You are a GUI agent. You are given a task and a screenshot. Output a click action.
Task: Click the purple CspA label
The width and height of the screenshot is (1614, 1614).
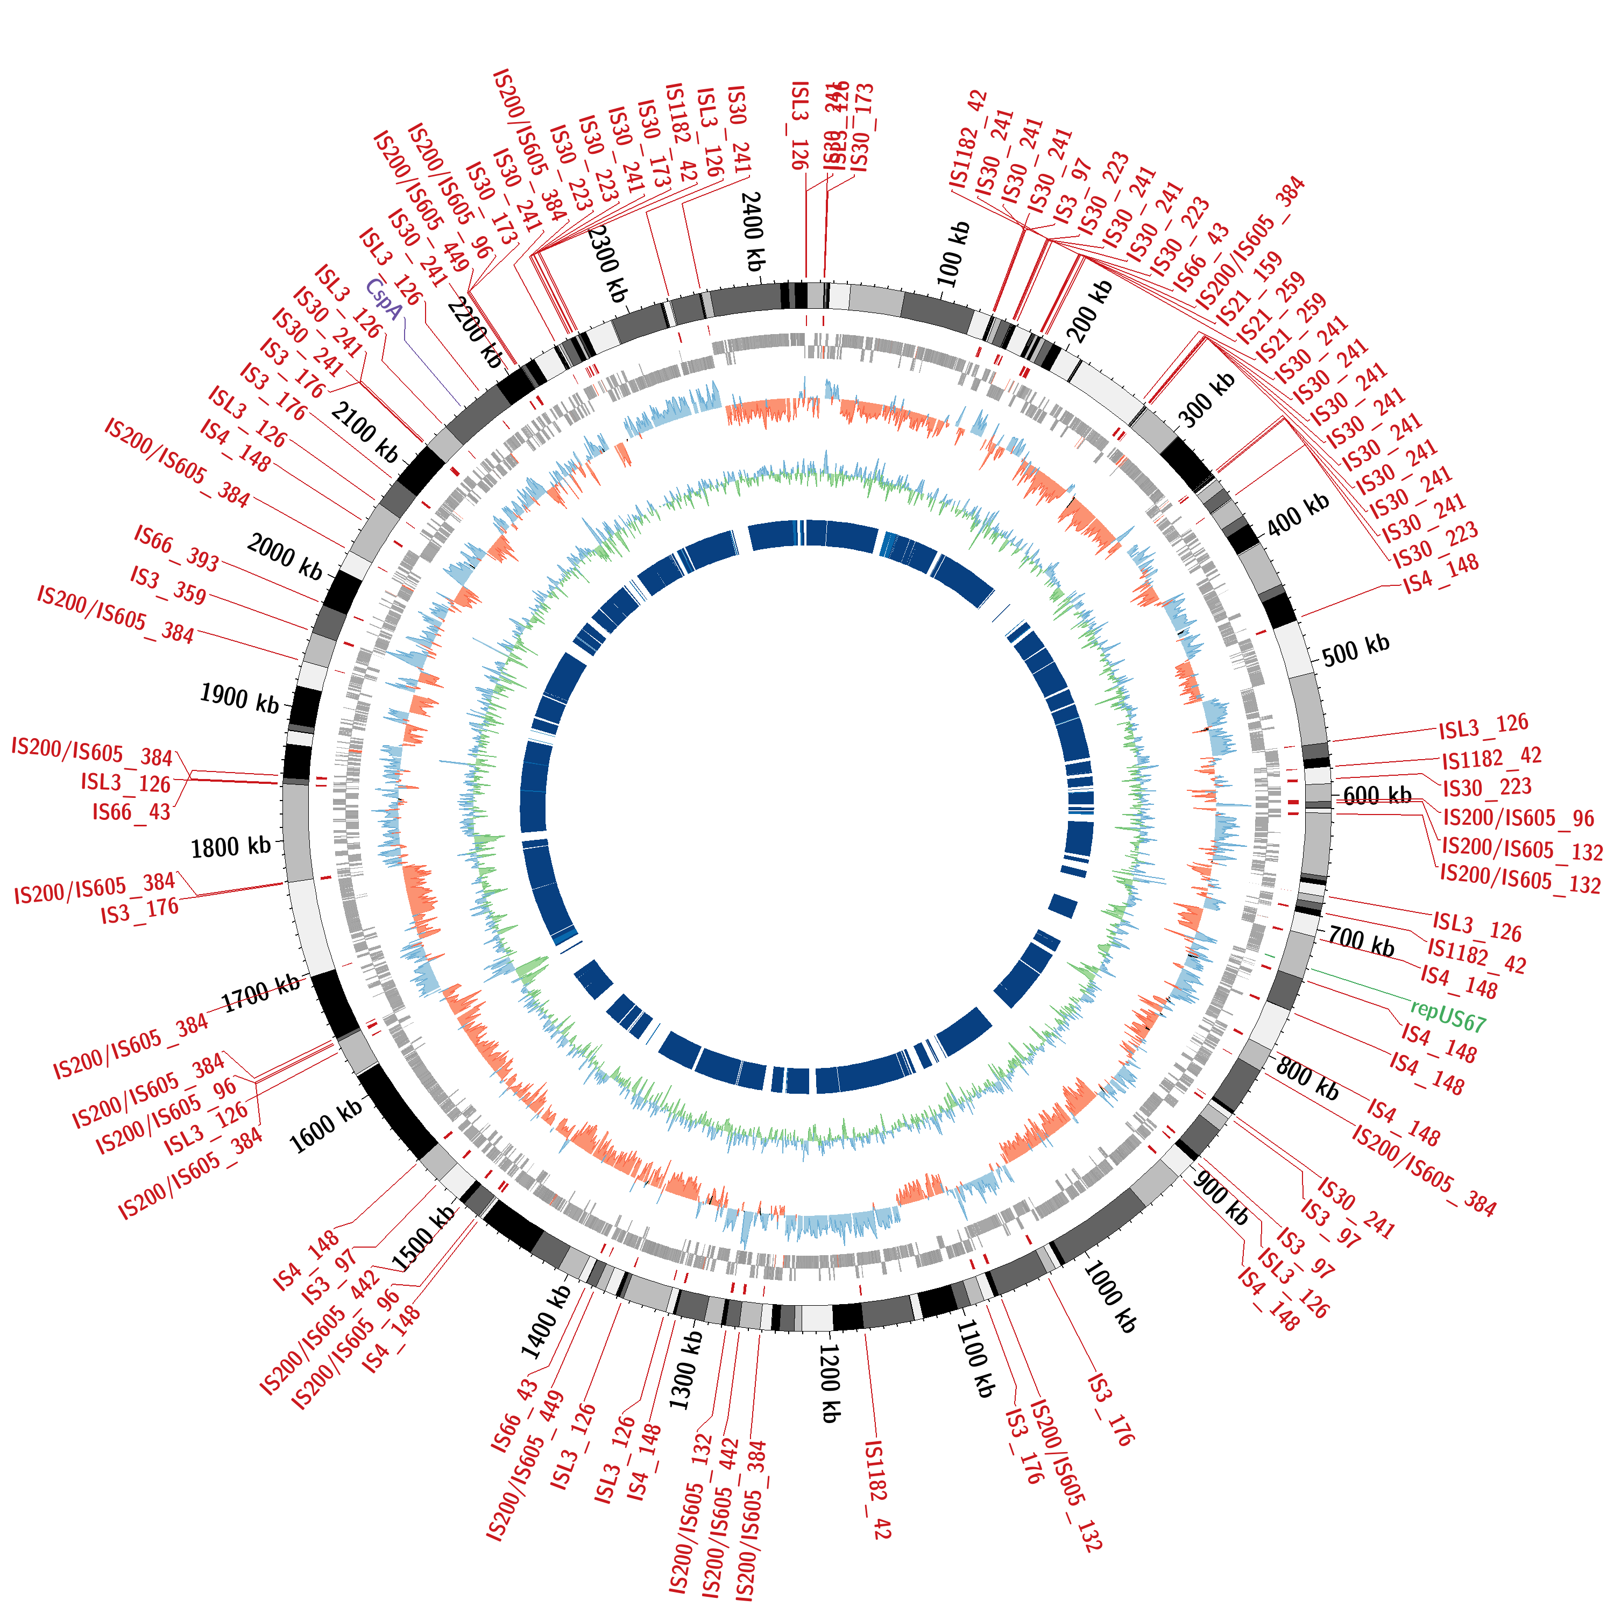pos(384,299)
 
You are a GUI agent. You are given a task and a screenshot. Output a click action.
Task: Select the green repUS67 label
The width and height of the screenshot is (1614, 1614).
pos(1448,1016)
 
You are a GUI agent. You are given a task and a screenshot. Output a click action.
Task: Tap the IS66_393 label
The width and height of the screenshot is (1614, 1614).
pos(176,548)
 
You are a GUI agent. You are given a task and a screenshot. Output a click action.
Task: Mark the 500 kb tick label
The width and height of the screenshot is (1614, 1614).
pos(1355,649)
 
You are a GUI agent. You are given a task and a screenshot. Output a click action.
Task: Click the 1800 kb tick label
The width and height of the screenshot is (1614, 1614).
pos(231,847)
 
